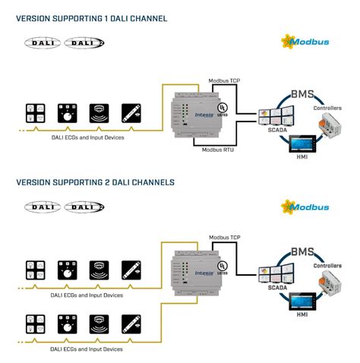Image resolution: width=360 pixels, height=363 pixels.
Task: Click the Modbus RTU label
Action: (217, 150)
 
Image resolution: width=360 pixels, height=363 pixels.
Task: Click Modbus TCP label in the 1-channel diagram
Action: (225, 79)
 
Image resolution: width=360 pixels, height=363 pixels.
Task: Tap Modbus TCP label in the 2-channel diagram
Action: (225, 238)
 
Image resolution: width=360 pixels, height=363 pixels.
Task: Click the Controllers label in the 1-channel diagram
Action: (327, 109)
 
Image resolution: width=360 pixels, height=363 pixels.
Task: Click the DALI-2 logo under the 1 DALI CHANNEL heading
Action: (84, 43)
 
